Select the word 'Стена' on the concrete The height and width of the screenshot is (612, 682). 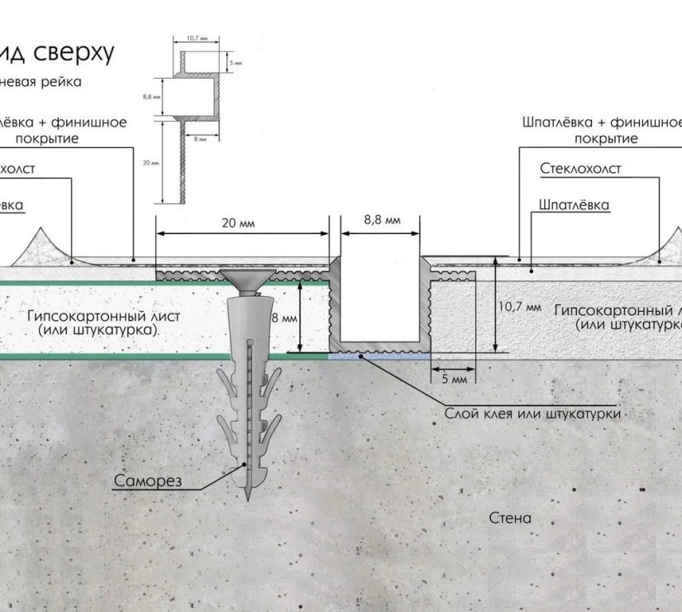tap(510, 519)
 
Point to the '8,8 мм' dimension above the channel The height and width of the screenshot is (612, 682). tap(382, 220)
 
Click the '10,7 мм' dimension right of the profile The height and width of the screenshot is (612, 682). tap(519, 307)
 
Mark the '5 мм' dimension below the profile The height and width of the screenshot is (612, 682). tap(454, 379)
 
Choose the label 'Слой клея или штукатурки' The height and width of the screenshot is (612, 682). tap(532, 413)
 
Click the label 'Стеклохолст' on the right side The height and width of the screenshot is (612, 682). tap(580, 169)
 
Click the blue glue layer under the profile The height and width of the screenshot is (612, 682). tap(379, 356)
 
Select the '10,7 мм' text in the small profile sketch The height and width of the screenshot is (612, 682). tap(196, 38)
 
